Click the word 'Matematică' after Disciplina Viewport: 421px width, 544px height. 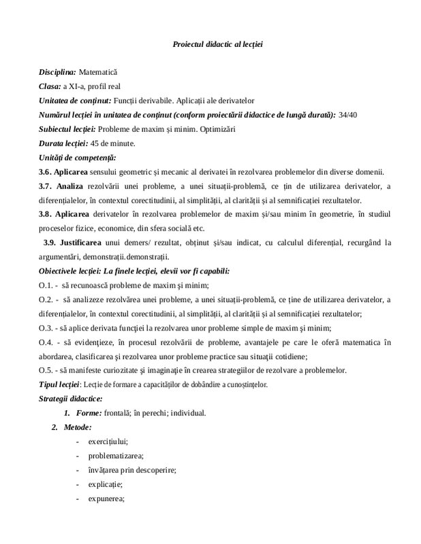[x=98, y=71]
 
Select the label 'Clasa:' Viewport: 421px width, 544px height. [x=49, y=86]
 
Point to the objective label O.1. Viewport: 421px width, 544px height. [x=45, y=285]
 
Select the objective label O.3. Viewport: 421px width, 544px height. [x=45, y=327]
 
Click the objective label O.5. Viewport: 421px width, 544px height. [x=45, y=371]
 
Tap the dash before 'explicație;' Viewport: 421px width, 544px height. [x=82, y=484]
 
